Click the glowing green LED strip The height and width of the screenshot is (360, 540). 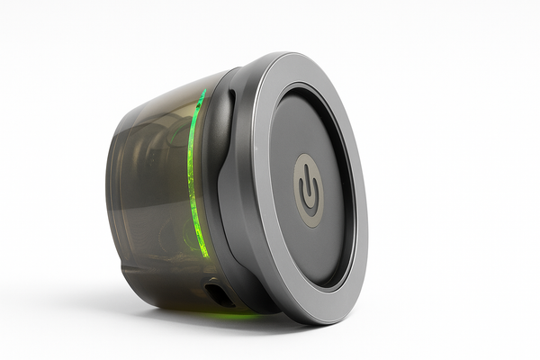coord(193,171)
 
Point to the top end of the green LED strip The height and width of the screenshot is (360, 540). coord(203,92)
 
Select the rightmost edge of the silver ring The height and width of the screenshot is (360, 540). coord(367,193)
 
